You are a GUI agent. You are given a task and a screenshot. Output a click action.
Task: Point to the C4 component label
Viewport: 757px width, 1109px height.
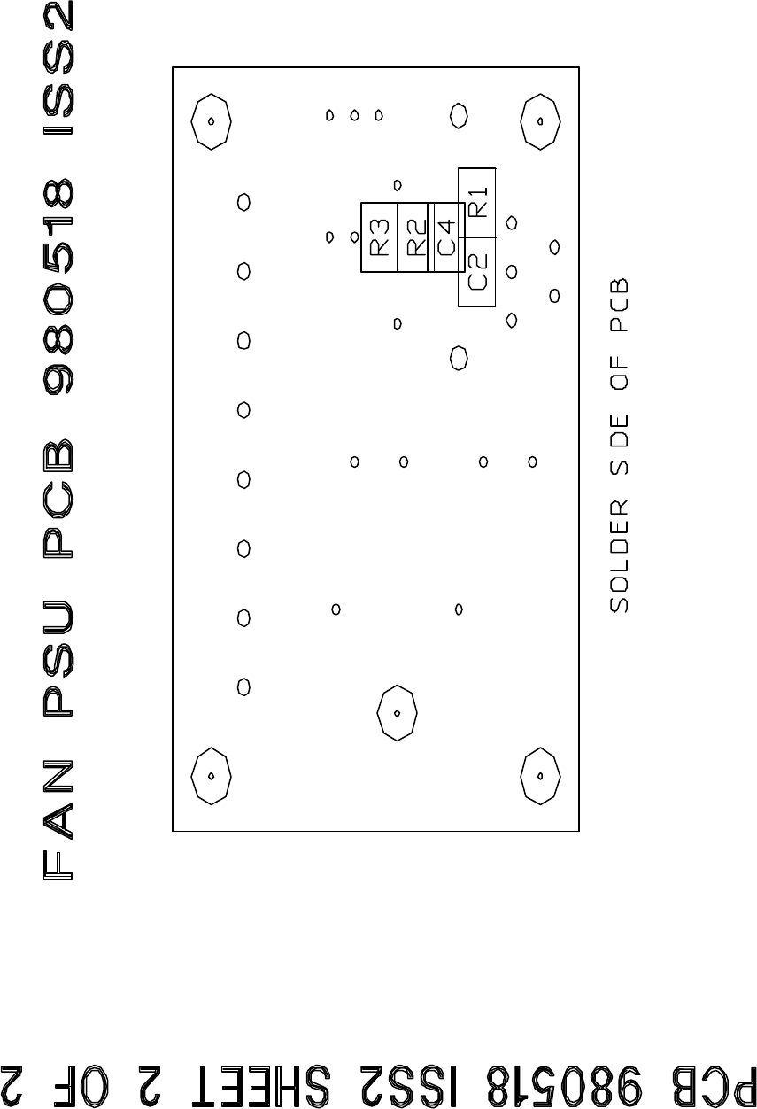(446, 236)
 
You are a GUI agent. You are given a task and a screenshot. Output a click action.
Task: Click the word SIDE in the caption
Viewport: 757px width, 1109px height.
(619, 452)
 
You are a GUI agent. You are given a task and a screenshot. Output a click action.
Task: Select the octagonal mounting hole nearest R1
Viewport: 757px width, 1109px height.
(539, 121)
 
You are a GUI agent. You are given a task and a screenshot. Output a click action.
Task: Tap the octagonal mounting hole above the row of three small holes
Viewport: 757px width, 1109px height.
(212, 121)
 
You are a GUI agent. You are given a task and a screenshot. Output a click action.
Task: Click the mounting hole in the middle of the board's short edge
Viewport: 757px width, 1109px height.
(398, 711)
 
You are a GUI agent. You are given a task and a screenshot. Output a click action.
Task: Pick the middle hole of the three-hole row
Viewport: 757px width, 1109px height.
(354, 115)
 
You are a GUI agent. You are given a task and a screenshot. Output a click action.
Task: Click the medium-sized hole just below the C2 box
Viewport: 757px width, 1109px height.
(459, 358)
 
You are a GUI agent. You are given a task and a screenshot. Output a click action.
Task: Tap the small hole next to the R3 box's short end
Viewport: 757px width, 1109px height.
(354, 237)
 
